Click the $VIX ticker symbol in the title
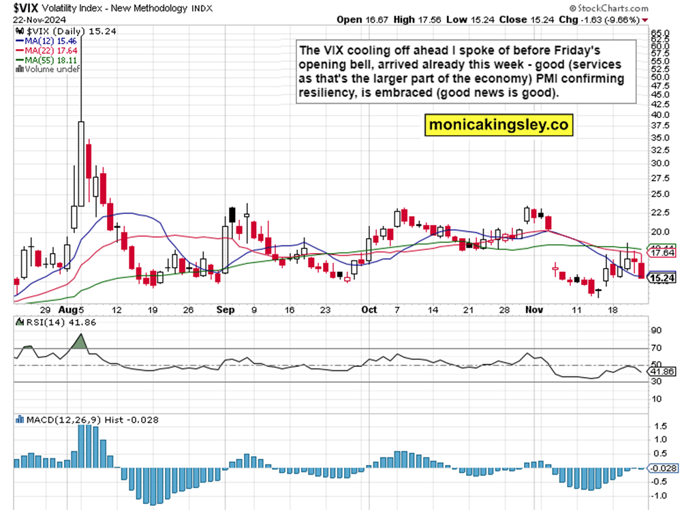21,7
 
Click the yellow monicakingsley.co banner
498,125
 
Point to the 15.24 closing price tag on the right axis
662,278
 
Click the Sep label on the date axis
226,310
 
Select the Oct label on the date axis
369,310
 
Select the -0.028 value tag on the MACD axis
662,468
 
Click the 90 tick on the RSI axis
656,331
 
